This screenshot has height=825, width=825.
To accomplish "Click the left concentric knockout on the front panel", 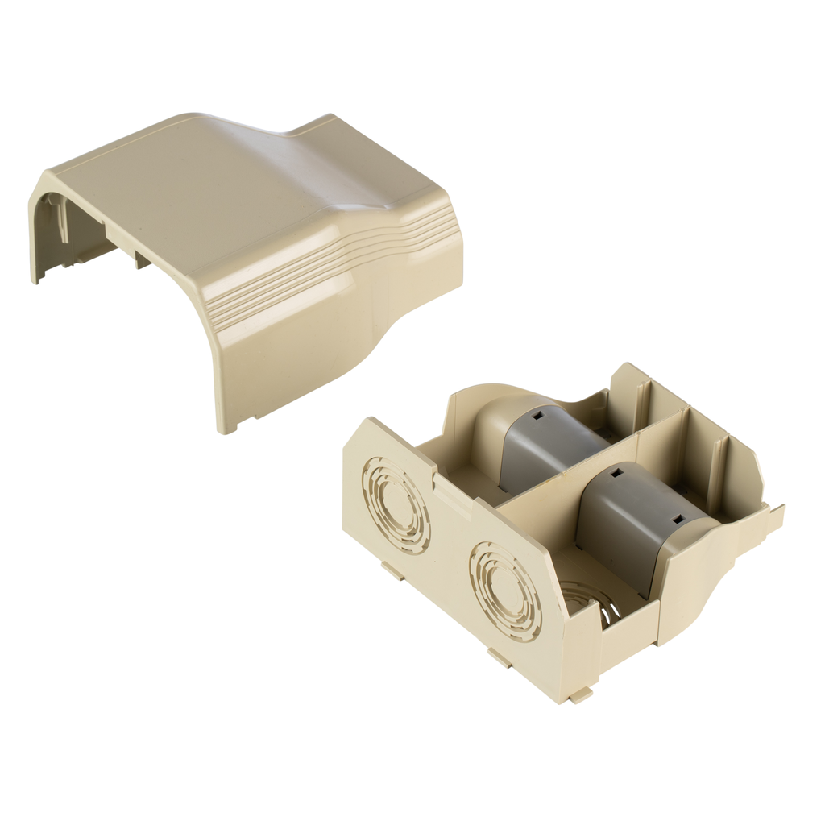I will (396, 505).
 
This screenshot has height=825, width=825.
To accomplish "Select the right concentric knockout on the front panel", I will (505, 591).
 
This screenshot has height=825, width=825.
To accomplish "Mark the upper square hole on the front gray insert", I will (616, 474).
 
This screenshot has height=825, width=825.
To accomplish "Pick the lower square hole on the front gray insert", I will (678, 520).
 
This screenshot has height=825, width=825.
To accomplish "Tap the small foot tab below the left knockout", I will (393, 571).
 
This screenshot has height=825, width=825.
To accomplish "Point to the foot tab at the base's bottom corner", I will (581, 694).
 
